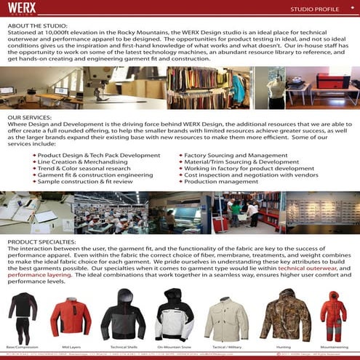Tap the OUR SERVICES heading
(31, 117)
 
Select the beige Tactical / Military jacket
(225, 316)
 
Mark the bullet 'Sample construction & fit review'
(89, 182)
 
